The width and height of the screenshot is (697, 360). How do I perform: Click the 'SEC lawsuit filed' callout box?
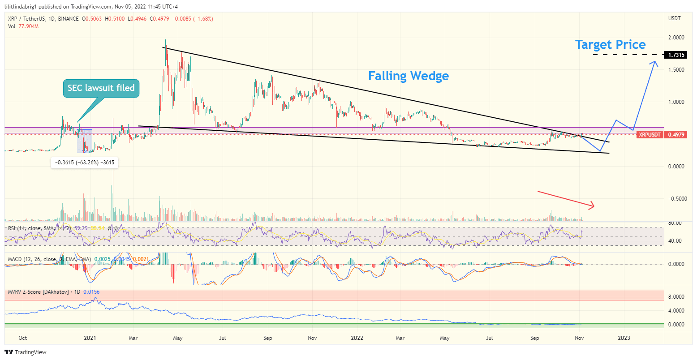point(101,88)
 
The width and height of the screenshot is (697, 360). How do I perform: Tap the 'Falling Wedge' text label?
point(408,76)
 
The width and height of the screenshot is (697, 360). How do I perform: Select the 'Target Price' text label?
point(610,45)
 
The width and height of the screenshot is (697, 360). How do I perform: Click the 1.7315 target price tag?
point(676,55)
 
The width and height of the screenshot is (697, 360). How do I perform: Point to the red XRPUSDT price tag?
point(650,134)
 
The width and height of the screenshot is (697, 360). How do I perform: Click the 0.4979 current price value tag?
point(676,134)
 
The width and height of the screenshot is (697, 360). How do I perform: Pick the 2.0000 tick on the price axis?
point(676,38)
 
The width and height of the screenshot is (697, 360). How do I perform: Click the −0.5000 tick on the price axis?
point(675,199)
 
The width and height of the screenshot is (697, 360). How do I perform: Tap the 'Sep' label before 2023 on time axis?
point(534,338)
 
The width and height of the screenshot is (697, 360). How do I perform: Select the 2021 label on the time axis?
point(90,338)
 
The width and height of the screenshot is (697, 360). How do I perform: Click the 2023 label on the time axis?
point(624,338)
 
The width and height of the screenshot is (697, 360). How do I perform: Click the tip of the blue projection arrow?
point(656,62)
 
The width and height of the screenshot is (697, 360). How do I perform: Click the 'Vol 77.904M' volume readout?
point(23,26)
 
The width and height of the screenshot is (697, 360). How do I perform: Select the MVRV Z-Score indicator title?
point(44,292)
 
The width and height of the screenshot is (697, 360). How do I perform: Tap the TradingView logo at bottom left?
point(26,352)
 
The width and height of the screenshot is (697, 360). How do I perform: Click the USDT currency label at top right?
point(674,18)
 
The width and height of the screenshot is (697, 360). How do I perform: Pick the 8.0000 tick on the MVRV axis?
point(676,297)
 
